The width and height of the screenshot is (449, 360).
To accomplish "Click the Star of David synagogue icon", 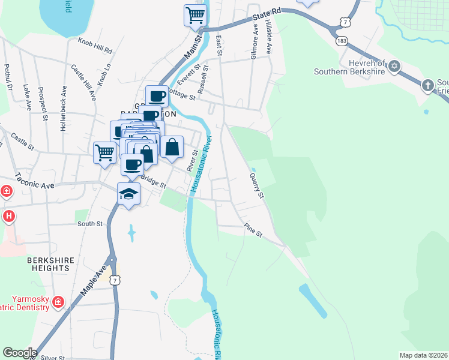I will [x=394, y=65].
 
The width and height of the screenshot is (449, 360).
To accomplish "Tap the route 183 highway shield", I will [x=342, y=41].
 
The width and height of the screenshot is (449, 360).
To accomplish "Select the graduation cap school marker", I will [x=129, y=194].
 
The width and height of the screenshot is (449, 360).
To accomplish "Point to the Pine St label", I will [x=253, y=230].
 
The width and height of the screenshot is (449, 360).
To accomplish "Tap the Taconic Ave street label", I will [x=34, y=181].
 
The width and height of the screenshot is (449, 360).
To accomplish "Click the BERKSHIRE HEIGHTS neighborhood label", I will [x=51, y=264].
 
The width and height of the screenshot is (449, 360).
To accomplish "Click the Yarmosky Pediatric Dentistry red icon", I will [x=58, y=301].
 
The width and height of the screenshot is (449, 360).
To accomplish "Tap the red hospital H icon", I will [x=8, y=216].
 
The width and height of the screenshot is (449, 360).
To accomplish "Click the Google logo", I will [x=20, y=353].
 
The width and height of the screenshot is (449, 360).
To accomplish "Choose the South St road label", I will [x=90, y=223].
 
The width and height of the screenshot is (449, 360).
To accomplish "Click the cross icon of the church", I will [x=428, y=85].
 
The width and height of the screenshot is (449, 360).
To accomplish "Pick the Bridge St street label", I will [x=153, y=181].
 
